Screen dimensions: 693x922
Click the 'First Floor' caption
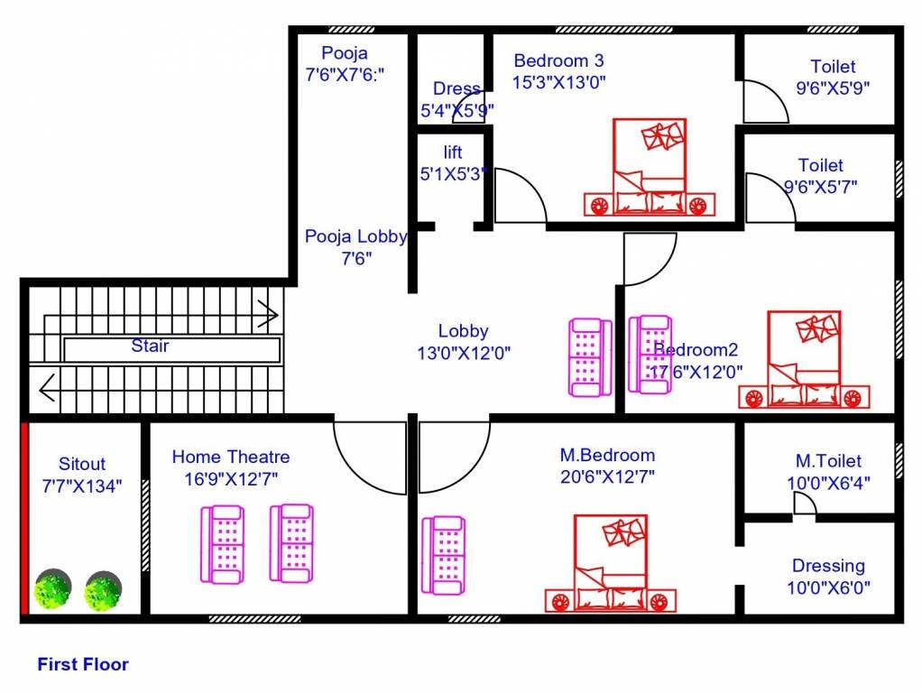coord(83,665)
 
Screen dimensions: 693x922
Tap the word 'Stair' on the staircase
coord(150,346)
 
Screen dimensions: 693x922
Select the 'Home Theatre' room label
coord(231,457)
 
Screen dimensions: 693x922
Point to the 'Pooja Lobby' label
coord(355,237)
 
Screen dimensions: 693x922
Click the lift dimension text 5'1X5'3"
coord(453,174)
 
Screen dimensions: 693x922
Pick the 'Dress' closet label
coord(456,89)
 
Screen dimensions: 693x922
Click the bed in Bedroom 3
coord(650,167)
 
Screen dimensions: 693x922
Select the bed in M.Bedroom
coord(611,564)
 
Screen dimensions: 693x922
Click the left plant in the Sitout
coord(53,590)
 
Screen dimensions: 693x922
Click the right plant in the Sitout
coord(103,590)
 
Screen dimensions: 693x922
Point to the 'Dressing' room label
coord(828,567)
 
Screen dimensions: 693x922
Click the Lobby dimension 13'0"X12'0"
coord(464,354)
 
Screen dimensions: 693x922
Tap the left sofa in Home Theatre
coord(222,543)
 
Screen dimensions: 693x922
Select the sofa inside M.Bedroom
coord(444,555)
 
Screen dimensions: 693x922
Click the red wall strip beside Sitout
coord(24,518)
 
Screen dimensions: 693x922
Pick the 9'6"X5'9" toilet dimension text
coord(832,88)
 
